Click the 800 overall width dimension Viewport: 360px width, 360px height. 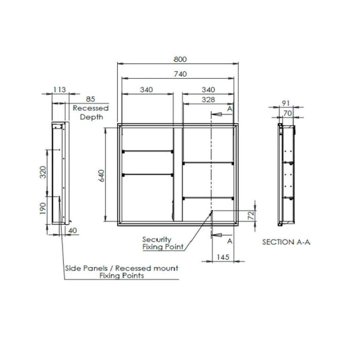tap(178, 59)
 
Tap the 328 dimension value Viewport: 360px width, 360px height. tap(209, 100)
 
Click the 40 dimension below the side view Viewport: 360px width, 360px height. tap(73, 231)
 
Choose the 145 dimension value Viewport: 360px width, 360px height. tap(223, 257)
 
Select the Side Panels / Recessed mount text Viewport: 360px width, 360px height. tap(121, 268)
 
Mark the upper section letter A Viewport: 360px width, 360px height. tap(230, 108)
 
